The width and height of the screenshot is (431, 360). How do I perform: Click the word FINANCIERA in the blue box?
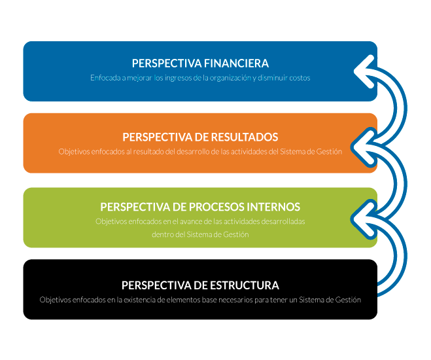[x=236, y=63]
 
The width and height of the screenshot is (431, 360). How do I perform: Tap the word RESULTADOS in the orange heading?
[x=245, y=137]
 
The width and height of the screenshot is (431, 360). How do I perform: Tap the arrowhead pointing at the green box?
[x=362, y=214]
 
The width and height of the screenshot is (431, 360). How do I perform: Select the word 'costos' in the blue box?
[x=299, y=78]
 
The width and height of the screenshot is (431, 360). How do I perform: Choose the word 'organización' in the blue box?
[x=228, y=78]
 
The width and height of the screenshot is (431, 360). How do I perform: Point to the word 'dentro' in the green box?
[x=162, y=234]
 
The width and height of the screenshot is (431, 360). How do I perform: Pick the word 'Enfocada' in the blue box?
[x=105, y=78]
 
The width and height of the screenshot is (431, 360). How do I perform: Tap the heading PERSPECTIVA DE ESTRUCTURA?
[x=200, y=285]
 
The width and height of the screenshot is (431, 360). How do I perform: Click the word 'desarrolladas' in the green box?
[x=283, y=222]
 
